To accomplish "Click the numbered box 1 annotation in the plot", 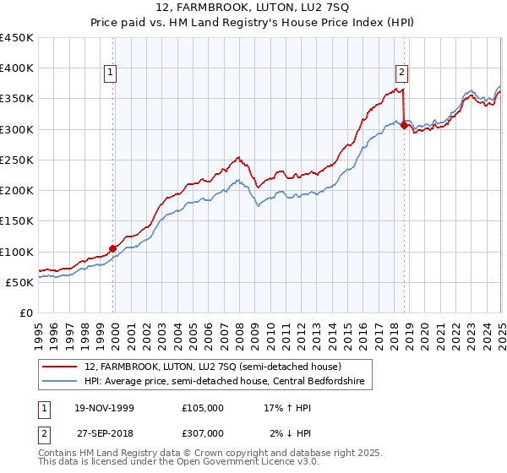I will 112,73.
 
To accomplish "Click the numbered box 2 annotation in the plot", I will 402,73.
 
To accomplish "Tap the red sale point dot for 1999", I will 113,248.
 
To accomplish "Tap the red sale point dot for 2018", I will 404,125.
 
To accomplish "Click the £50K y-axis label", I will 19,282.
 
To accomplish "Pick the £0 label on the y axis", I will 25,313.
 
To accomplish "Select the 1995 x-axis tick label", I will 39,330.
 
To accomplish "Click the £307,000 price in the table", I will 202,433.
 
